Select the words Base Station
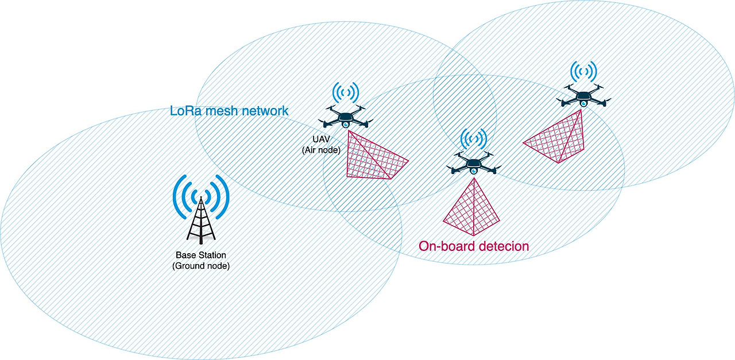click(x=201, y=255)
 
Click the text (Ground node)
click(x=201, y=266)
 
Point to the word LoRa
click(x=185, y=110)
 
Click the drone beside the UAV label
click(x=346, y=117)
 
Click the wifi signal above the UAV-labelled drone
click(x=346, y=92)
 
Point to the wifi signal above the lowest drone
click(x=473, y=138)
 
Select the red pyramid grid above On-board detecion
click(x=473, y=210)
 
